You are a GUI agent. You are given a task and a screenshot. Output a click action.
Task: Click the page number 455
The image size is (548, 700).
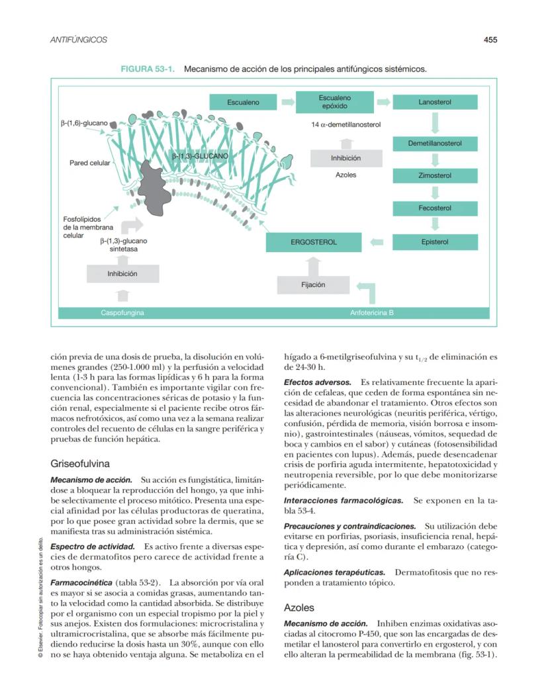(490, 40)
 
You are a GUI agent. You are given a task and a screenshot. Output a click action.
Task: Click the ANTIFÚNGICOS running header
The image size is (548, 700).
(79, 40)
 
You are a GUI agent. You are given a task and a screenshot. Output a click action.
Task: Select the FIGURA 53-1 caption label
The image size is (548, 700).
(148, 68)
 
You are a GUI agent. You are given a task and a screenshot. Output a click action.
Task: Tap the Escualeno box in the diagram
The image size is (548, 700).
(243, 103)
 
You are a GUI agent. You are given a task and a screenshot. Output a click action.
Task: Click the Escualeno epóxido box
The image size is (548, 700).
(336, 102)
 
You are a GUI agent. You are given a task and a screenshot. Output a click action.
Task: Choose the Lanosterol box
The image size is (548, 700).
(435, 103)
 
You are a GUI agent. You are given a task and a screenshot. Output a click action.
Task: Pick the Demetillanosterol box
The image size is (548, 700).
(435, 143)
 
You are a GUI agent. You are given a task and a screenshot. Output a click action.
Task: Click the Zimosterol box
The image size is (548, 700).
(435, 176)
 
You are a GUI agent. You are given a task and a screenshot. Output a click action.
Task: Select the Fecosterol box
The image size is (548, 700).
(435, 208)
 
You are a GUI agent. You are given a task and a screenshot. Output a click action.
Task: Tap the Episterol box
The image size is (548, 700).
(435, 242)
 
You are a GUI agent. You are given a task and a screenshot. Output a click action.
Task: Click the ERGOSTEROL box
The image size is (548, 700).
(314, 242)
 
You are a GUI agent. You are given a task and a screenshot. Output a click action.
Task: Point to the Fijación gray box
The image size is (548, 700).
(313, 284)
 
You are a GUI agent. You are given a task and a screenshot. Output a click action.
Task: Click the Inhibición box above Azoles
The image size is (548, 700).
(345, 159)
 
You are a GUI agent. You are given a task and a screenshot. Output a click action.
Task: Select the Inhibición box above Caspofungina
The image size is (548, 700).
(122, 273)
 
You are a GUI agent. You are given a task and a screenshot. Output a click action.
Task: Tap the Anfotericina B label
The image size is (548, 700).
(372, 312)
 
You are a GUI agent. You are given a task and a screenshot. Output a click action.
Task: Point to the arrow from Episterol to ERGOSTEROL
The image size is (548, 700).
(377, 242)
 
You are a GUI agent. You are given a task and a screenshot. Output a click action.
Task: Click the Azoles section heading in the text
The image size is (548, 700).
(298, 607)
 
